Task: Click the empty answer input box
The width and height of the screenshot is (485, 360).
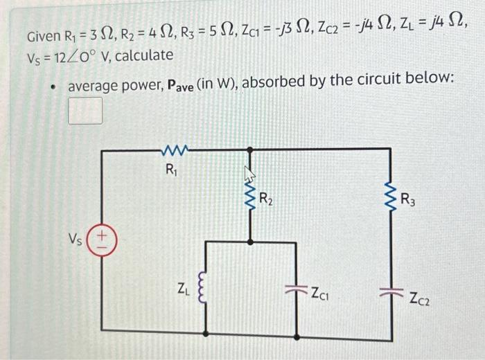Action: point(85,111)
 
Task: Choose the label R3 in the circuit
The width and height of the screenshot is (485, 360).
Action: point(409,201)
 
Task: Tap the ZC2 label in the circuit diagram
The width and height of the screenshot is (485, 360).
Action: point(421,299)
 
